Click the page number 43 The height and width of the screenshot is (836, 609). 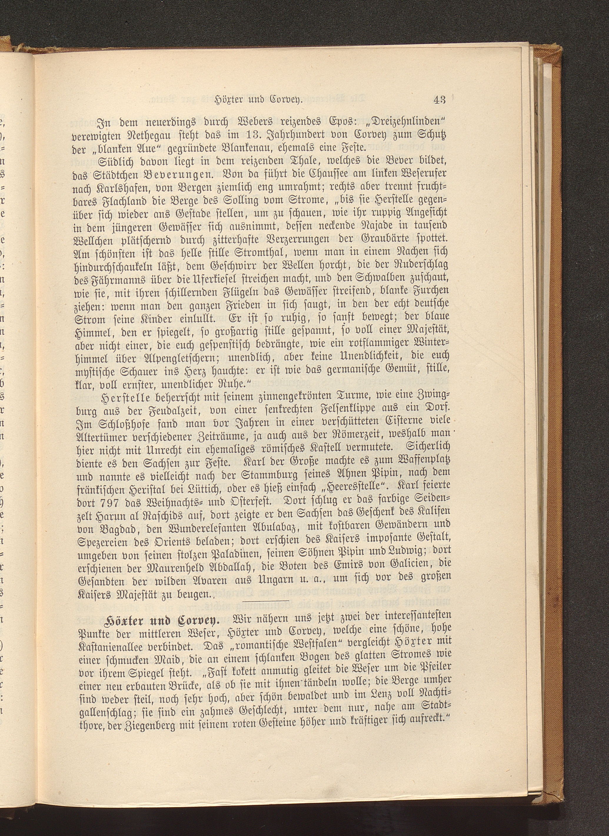point(440,99)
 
